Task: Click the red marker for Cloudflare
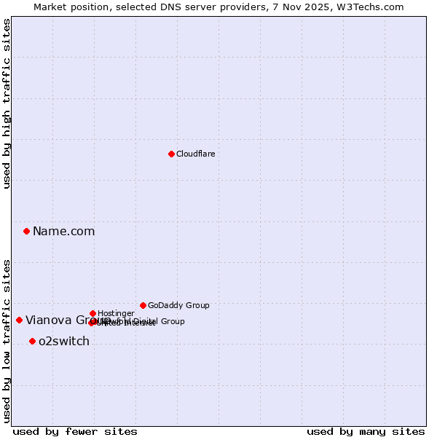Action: [x=171, y=154]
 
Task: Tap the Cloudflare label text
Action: [x=195, y=154]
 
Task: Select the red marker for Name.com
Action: [x=26, y=231]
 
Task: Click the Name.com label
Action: [x=63, y=231]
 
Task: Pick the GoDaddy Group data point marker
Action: [x=143, y=305]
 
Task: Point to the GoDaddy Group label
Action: [x=178, y=305]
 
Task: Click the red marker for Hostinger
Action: [x=92, y=313]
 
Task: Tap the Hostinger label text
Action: [x=116, y=313]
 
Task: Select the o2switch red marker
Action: [x=32, y=341]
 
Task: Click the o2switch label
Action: [x=64, y=341]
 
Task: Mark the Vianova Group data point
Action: [x=19, y=320]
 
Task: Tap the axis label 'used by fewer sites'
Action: [x=75, y=431]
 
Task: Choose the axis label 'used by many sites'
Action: [x=366, y=431]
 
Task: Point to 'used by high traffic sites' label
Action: [x=7, y=103]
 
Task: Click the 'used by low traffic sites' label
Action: [x=7, y=340]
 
